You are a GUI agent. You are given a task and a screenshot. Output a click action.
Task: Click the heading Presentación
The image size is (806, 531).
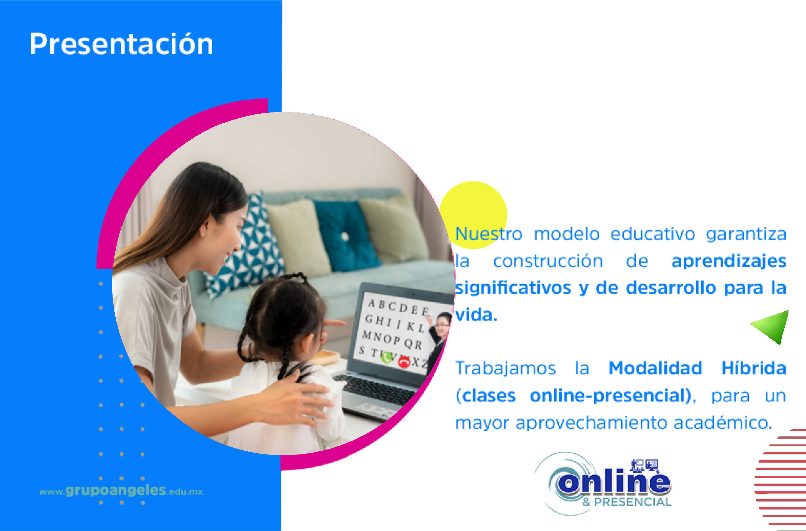pyautogui.click(x=121, y=44)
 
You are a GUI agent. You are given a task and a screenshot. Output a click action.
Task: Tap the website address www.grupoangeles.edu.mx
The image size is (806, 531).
pyautogui.click(x=121, y=491)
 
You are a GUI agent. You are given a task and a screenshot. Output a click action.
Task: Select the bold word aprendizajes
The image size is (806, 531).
pyautogui.click(x=729, y=261)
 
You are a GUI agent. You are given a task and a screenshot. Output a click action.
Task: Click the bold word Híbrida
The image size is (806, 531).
pyautogui.click(x=753, y=368)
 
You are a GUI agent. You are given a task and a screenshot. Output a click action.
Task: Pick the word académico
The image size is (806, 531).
pyautogui.click(x=723, y=422)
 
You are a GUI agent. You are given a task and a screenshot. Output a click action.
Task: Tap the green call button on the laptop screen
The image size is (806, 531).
pyautogui.click(x=386, y=357)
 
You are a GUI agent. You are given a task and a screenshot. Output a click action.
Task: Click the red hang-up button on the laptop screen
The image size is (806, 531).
pyautogui.click(x=403, y=362)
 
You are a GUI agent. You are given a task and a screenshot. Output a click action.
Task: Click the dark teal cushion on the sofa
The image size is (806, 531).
pyautogui.click(x=346, y=236)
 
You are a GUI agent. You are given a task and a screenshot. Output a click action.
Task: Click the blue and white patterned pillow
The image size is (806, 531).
pyautogui.click(x=246, y=247)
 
